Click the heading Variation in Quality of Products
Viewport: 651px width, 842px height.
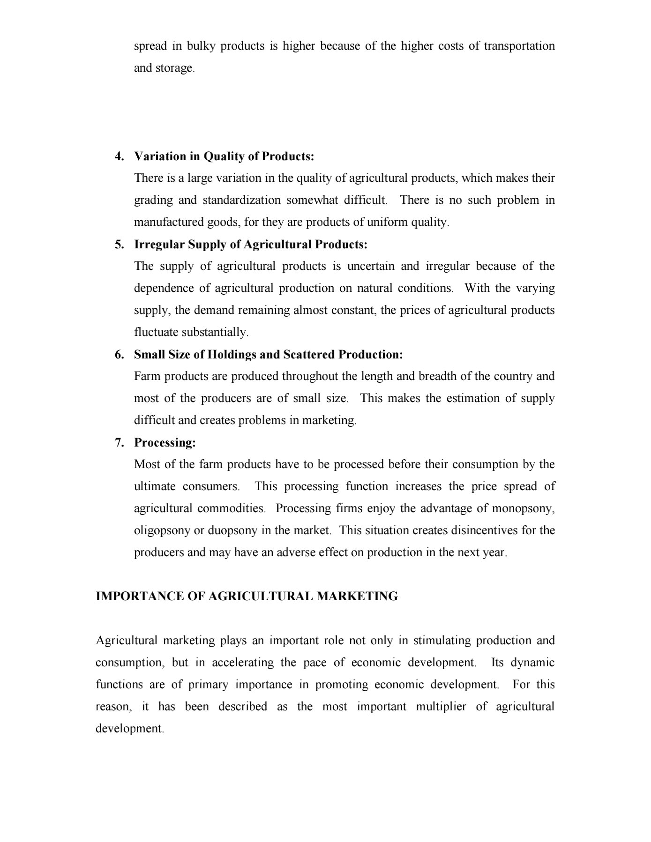[x=224, y=156]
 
